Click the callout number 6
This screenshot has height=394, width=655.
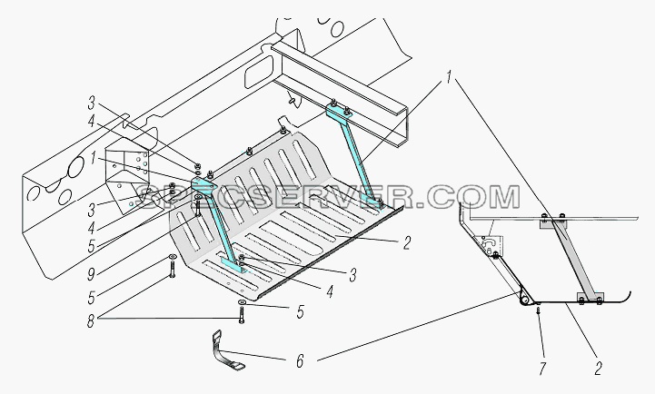tap(300, 361)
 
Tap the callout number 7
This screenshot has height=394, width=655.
tap(541, 369)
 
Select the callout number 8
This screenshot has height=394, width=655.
tap(91, 321)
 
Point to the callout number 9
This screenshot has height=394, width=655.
tap(91, 274)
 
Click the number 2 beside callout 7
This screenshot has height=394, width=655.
tap(598, 369)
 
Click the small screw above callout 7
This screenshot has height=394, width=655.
tap(538, 311)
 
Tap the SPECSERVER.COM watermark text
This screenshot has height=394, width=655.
tap(328, 197)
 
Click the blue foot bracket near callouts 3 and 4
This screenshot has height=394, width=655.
tap(233, 264)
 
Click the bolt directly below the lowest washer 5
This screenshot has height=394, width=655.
tap(242, 315)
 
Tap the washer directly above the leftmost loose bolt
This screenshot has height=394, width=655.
tap(172, 257)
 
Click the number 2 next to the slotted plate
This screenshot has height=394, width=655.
tap(406, 243)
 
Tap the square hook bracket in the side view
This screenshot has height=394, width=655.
tap(489, 245)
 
